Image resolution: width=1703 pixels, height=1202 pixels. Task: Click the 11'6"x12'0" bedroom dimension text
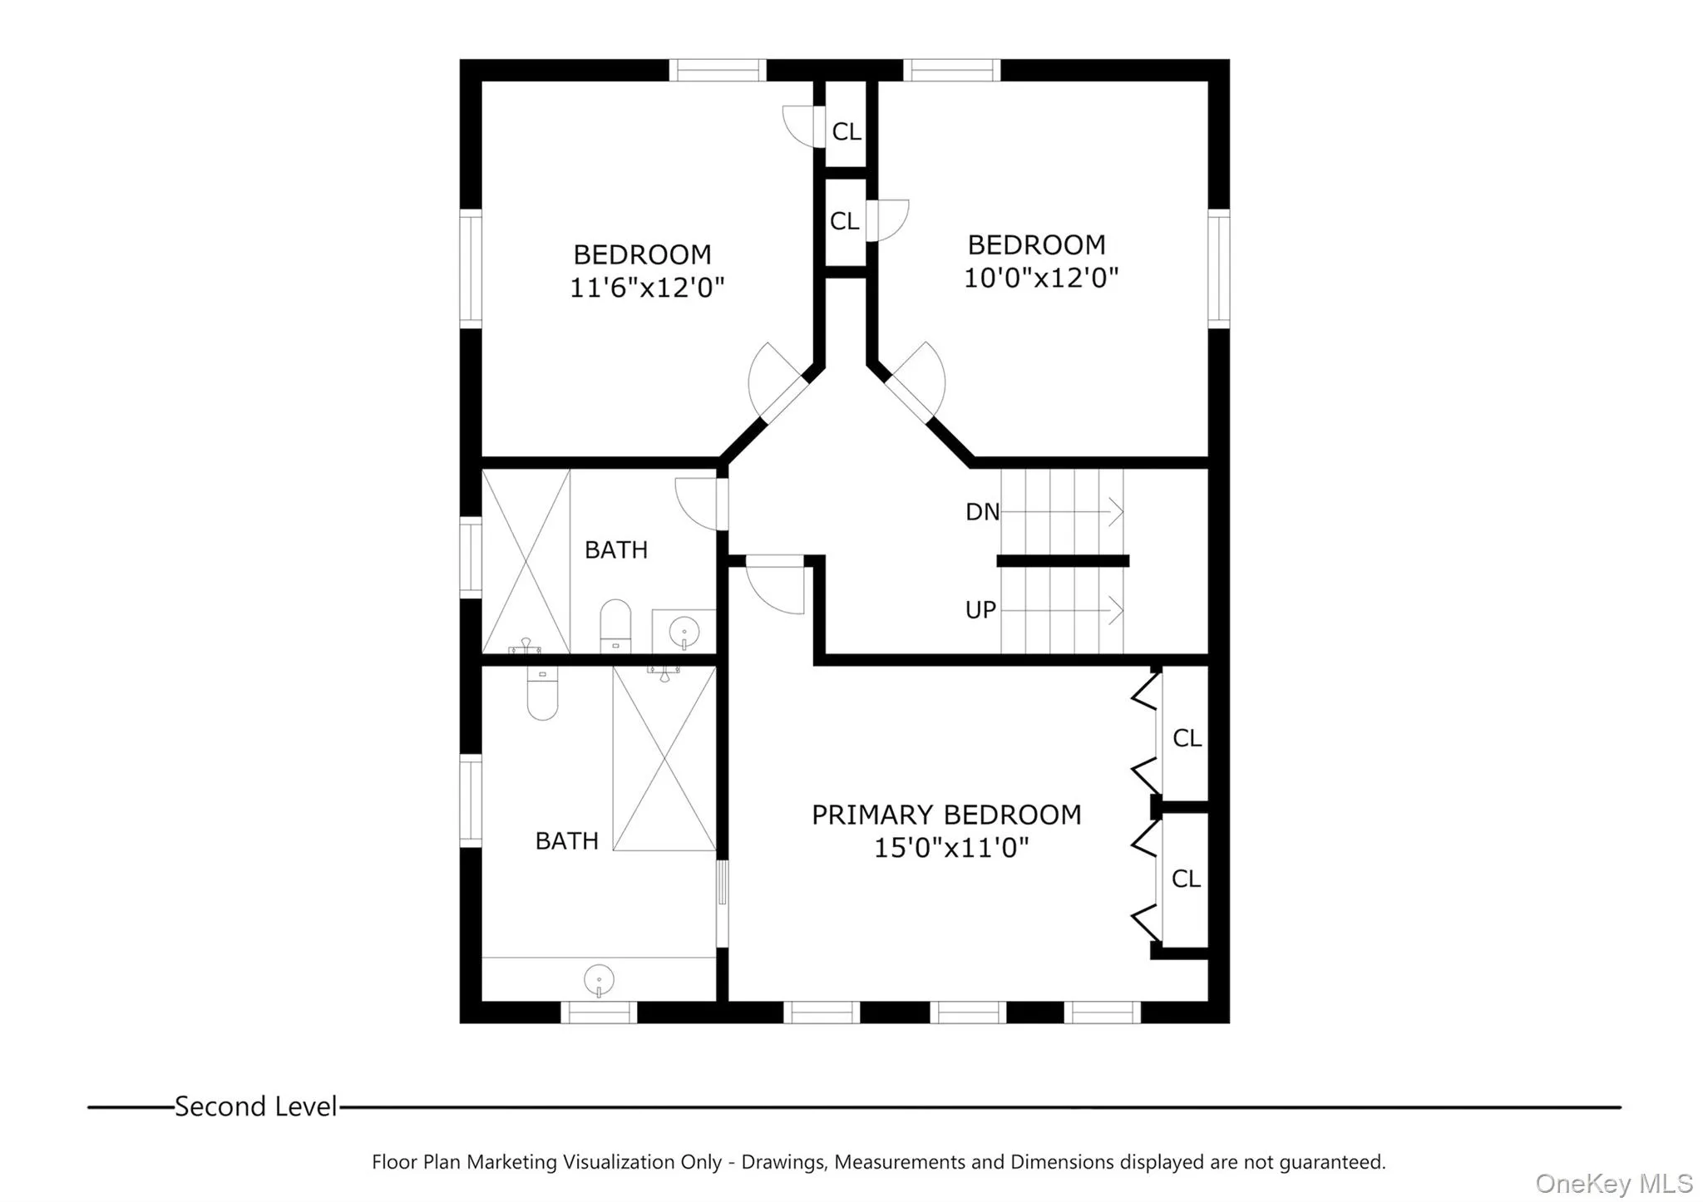tap(646, 288)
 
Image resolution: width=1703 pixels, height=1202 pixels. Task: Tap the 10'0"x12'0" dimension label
tap(1040, 278)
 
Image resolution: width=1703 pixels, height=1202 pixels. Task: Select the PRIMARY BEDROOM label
tap(946, 815)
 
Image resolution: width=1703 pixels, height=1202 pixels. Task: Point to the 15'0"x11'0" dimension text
tap(951, 849)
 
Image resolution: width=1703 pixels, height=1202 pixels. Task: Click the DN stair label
tap(982, 512)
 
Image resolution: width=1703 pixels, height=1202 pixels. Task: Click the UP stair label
tap(980, 610)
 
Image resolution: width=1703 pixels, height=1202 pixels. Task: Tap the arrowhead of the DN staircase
tap(1117, 511)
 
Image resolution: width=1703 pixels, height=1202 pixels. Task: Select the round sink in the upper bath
tap(684, 633)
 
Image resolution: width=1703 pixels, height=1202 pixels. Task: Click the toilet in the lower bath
tap(542, 695)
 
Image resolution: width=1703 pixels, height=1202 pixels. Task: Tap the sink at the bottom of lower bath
tap(599, 980)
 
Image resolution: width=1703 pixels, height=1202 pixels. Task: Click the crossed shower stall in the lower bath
tap(664, 758)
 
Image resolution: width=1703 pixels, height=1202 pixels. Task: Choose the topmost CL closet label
tap(847, 132)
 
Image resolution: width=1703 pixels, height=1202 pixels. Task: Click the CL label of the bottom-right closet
tap(1186, 879)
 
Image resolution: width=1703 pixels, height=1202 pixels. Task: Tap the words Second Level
tap(256, 1107)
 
